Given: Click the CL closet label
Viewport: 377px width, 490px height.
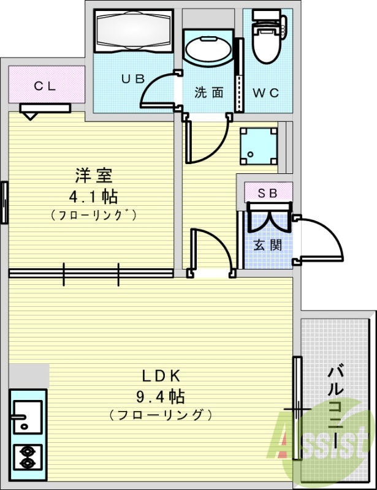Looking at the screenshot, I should pos(45,86).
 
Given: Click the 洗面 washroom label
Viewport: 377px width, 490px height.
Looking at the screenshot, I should pos(209,93).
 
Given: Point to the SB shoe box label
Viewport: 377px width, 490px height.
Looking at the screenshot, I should pos(267,193).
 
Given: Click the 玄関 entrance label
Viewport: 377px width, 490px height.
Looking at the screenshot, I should pos(268,246).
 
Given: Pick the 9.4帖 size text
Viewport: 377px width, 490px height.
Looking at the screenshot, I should pos(160,396).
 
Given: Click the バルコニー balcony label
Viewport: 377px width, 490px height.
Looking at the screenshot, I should pos(335,404).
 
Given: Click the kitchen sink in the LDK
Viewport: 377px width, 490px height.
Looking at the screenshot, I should pos(26,417).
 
